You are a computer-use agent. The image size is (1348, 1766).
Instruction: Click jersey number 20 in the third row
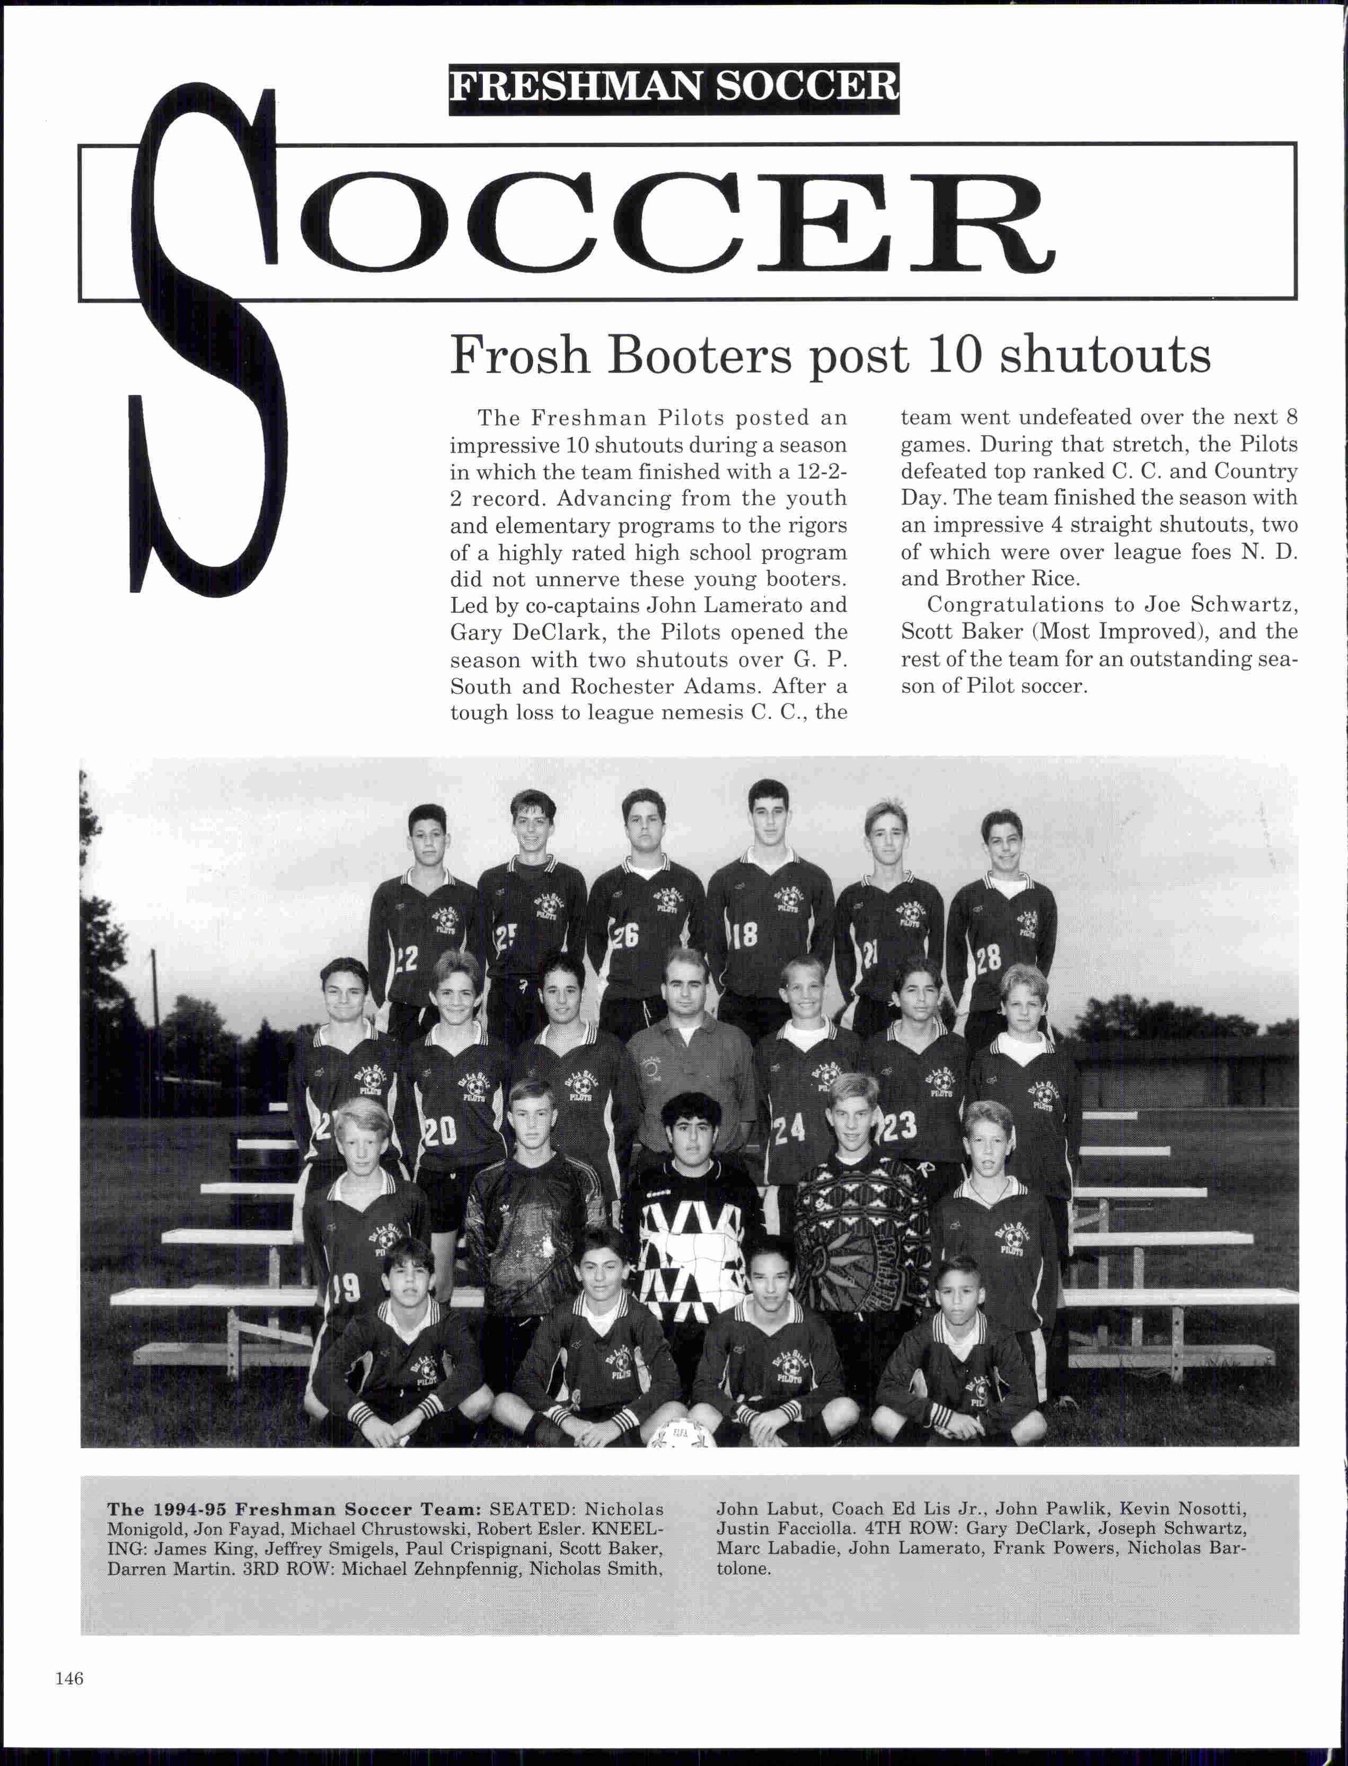(440, 1132)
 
